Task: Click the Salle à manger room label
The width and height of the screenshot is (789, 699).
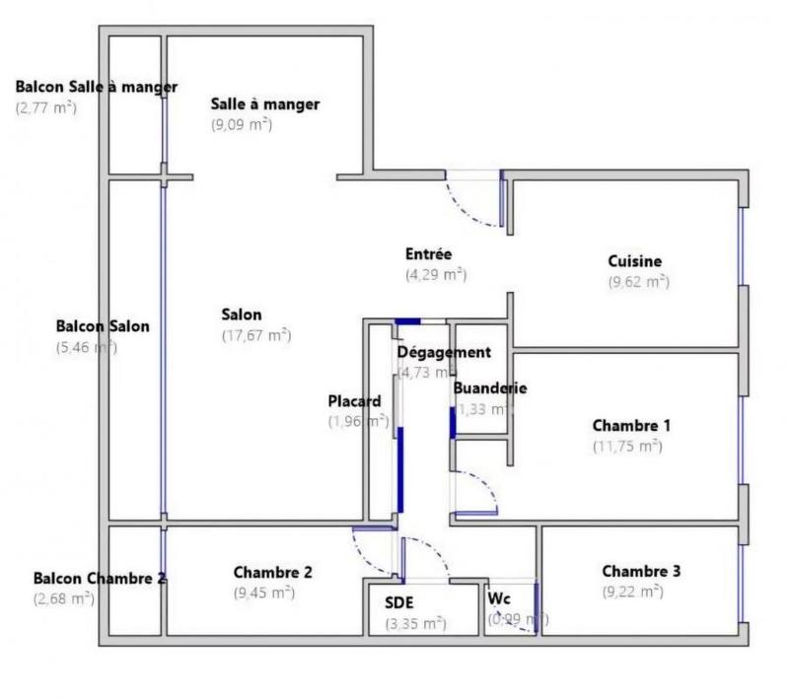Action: [265, 105]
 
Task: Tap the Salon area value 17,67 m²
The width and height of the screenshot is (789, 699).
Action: [256, 335]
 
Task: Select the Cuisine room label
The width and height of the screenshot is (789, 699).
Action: [634, 261]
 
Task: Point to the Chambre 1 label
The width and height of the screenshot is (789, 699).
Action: [631, 426]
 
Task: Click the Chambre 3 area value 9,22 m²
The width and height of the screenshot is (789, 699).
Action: [632, 592]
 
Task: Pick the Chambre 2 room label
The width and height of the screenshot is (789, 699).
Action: [273, 572]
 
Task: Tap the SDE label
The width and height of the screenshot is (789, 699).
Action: [399, 603]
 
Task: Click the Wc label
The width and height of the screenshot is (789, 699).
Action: [498, 598]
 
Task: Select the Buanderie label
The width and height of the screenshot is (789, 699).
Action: [489, 387]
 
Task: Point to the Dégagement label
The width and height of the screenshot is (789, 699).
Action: [444, 352]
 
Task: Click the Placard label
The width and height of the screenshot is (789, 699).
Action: [354, 401]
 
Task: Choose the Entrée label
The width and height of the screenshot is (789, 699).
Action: [429, 254]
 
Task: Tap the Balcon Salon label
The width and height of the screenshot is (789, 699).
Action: [103, 326]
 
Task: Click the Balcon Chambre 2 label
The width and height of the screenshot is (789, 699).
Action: [99, 579]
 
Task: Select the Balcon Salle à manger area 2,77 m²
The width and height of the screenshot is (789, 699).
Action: [46, 107]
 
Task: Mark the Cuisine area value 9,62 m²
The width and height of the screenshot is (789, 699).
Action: [639, 281]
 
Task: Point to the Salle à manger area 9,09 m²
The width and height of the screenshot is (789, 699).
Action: [242, 125]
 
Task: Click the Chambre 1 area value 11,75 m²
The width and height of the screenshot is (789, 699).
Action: [627, 446]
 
